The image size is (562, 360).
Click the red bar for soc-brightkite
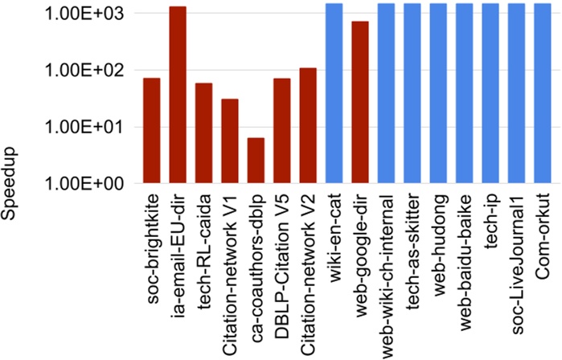[x=151, y=130]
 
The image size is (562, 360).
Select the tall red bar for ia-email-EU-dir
[x=178, y=95]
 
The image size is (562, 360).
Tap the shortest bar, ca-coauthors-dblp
[x=256, y=161]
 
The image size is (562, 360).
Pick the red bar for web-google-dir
[x=360, y=102]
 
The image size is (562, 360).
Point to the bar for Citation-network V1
[x=230, y=141]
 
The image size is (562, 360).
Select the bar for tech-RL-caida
[x=203, y=133]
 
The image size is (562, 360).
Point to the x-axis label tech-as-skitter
[x=412, y=241]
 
